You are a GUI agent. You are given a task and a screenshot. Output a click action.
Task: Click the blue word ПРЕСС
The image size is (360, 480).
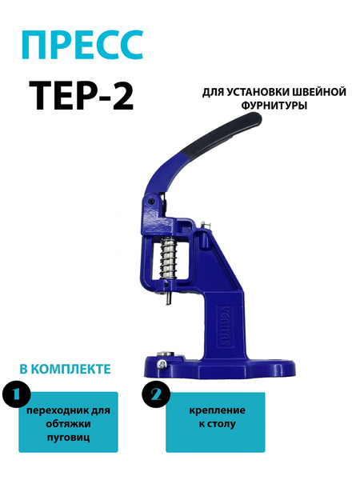point(82,45)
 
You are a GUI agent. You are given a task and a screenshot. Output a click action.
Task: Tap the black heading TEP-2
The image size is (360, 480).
point(82,95)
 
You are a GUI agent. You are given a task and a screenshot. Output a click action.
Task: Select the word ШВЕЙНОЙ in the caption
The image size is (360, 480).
point(316,92)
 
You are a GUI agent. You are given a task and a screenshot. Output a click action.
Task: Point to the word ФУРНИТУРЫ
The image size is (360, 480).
point(274,106)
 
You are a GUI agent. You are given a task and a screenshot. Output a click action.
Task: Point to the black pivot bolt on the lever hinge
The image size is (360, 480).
point(151,202)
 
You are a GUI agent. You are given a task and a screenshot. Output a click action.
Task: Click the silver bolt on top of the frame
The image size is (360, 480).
point(206,225)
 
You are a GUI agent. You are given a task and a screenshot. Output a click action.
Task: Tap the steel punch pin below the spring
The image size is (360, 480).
point(168,298)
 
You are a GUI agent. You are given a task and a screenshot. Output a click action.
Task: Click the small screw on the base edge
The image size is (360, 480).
point(161,364)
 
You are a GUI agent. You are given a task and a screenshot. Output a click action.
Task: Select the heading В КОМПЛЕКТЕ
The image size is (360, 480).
point(66,369)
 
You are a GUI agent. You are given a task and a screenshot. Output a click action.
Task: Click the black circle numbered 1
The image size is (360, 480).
point(17,394)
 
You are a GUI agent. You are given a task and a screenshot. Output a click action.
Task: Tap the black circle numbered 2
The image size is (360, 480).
point(156,395)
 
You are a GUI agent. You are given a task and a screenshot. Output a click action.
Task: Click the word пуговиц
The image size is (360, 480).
point(68,437)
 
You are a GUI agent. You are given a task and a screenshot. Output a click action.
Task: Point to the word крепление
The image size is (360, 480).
point(217,410)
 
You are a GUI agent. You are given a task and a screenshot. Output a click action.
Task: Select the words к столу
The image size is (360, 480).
point(217,424)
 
